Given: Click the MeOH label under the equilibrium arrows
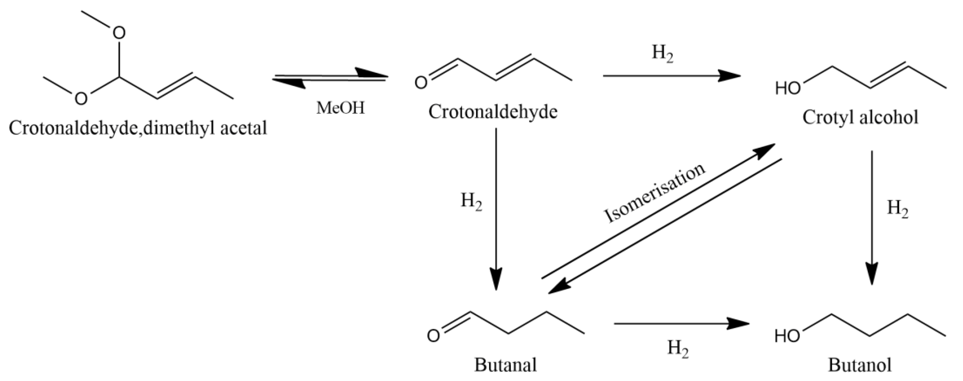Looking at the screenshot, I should [340, 108].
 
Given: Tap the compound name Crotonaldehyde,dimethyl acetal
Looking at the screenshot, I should [138, 128].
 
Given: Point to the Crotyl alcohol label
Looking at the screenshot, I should [860, 118].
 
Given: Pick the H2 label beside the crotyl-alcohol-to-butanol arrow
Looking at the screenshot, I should [897, 209].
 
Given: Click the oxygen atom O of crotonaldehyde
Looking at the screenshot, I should [421, 83].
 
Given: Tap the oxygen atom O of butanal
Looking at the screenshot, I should [433, 336].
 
